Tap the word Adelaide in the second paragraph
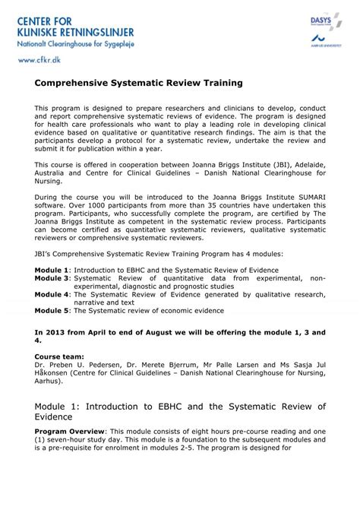[x=290, y=164]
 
